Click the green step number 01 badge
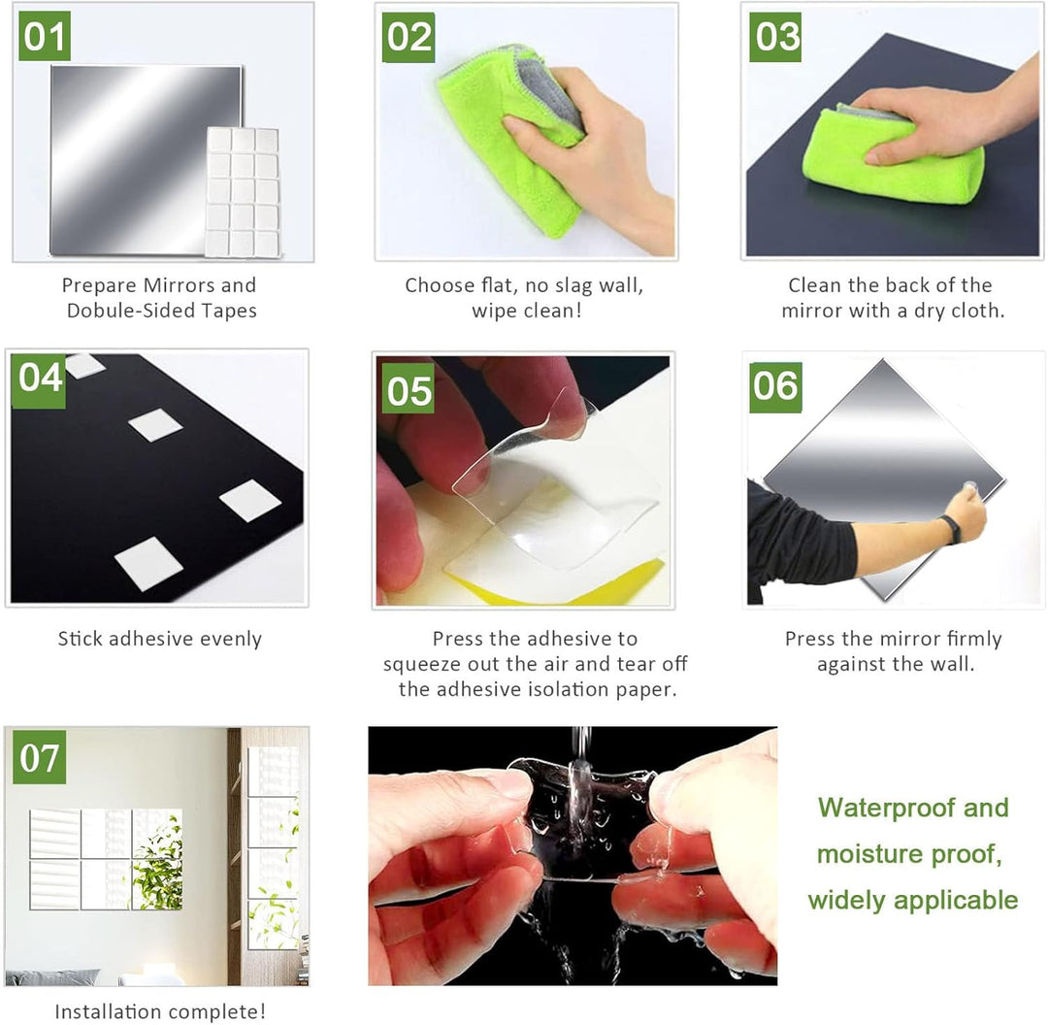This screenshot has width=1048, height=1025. click(x=44, y=36)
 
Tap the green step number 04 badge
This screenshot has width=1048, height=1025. click(x=40, y=380)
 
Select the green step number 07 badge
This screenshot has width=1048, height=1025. click(x=40, y=757)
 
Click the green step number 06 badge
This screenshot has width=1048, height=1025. click(x=775, y=387)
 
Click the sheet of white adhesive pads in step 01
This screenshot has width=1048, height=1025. click(x=242, y=192)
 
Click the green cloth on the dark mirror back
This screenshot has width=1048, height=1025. click(x=893, y=157)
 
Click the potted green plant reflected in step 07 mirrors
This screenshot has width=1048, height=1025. click(x=159, y=866)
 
